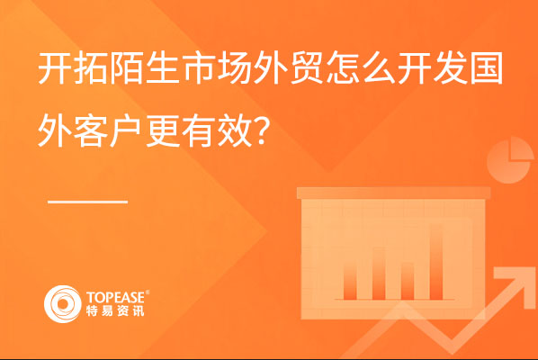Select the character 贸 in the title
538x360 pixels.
[x=307, y=67]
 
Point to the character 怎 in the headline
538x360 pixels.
[x=343, y=67]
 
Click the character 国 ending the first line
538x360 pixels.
[x=487, y=67]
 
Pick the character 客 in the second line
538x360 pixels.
[x=90, y=130]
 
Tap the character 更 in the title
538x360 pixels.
[x=162, y=130]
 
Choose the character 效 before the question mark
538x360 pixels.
[x=234, y=130]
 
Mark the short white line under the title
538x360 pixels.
[x=87, y=202]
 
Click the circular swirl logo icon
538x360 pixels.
[x=63, y=304]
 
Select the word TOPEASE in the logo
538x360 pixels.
[x=116, y=297]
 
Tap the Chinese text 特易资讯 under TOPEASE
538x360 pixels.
[x=115, y=310]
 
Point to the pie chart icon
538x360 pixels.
[x=510, y=160]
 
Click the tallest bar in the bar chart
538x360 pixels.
[x=436, y=262]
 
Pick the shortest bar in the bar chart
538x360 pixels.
[x=408, y=281]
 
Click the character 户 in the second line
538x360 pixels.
[x=126, y=130]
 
